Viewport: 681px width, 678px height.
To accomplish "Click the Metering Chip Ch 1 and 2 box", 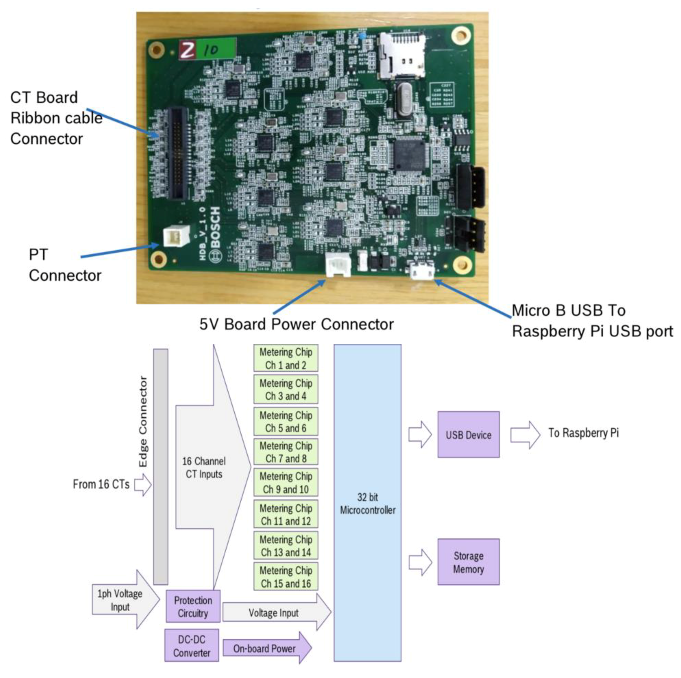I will pyautogui.click(x=286, y=358).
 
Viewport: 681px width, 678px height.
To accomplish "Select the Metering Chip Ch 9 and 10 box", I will pyautogui.click(x=286, y=482).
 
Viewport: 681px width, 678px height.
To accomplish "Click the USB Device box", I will pyautogui.click(x=468, y=435).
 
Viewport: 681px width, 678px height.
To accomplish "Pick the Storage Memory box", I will pyautogui.click(x=468, y=562).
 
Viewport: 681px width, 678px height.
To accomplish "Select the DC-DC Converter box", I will pyautogui.click(x=191, y=646).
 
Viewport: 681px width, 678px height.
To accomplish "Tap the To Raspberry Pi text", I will pyautogui.click(x=583, y=433).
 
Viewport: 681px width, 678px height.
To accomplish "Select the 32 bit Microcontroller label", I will pyautogui.click(x=367, y=504).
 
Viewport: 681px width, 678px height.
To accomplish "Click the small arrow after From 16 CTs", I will pyautogui.click(x=142, y=485).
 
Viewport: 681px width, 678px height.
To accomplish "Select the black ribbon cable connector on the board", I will pyautogui.click(x=178, y=153).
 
